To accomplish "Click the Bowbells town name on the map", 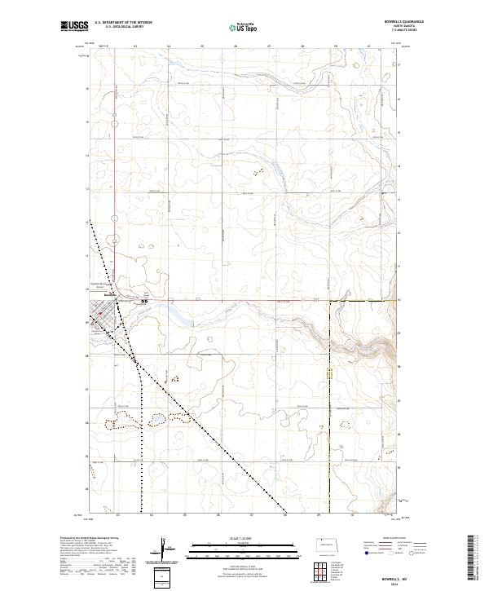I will [96, 296].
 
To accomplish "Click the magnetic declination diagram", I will [165, 547].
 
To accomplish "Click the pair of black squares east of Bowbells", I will [146, 302].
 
